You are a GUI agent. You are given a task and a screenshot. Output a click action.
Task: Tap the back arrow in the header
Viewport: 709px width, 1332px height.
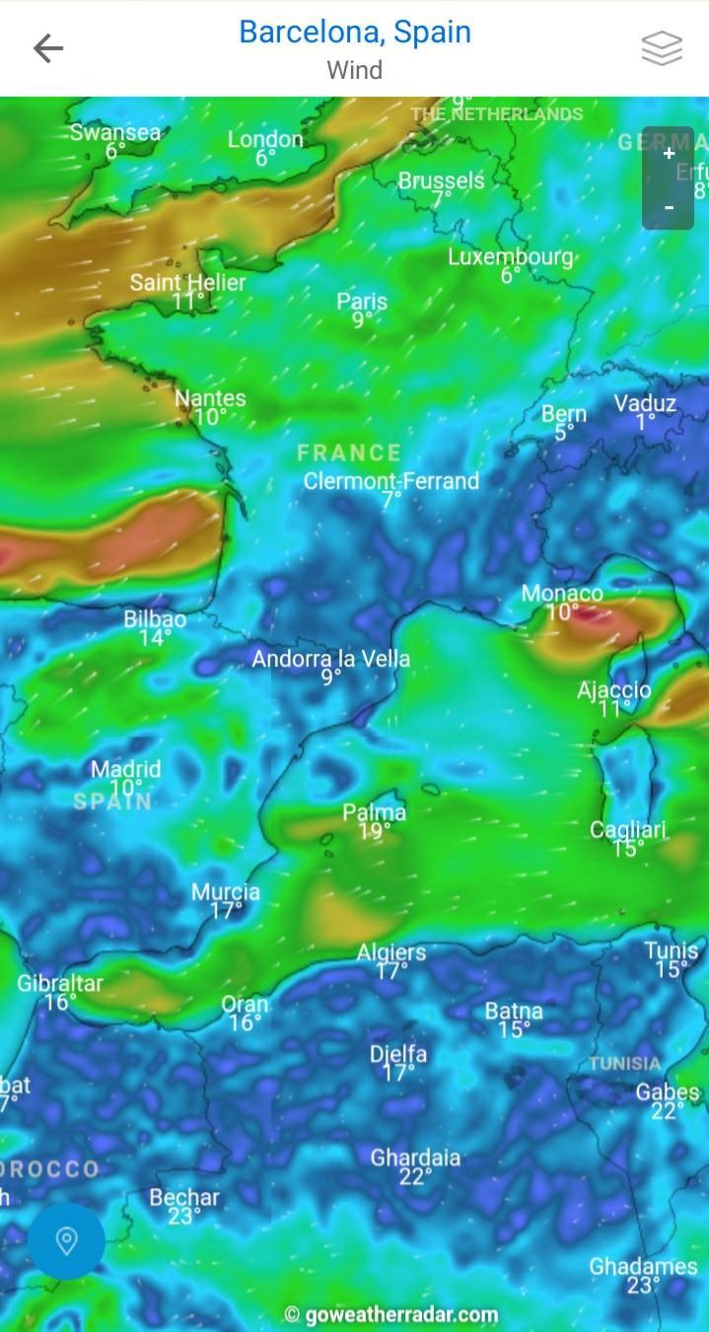47,47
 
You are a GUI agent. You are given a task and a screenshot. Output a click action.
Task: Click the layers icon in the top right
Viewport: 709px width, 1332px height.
662,47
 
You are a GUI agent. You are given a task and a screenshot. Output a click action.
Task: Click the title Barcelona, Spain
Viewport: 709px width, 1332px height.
355,32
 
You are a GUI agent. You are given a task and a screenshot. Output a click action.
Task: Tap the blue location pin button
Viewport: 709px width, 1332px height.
66,1240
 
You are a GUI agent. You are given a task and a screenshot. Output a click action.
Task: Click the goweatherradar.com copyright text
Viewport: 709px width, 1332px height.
391,1314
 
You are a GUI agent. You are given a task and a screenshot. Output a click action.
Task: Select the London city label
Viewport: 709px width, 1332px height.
265,139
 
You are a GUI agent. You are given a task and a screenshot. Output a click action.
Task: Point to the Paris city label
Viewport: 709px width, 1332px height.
362,301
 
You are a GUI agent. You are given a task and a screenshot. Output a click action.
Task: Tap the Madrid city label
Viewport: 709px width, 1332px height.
125,769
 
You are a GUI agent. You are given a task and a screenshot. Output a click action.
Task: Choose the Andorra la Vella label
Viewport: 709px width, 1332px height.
330,658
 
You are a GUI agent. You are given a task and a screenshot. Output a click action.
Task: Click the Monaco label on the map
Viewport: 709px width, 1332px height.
562,594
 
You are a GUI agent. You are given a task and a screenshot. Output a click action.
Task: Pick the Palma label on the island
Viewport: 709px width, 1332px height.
374,812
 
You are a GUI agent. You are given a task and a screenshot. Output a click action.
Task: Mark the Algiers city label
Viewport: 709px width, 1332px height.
391,952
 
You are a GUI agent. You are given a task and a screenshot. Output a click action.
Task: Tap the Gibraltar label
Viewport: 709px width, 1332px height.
60,982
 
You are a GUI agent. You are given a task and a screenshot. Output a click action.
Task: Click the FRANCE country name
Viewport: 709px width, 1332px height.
349,453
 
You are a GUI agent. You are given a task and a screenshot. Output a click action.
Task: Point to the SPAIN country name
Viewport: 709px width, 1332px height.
112,802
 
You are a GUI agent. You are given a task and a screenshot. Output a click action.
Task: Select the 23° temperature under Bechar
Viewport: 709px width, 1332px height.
184,1217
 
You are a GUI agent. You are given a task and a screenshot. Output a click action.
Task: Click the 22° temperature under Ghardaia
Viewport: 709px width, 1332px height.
415,1177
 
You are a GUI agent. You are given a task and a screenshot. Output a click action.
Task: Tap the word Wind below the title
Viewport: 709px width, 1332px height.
355,70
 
